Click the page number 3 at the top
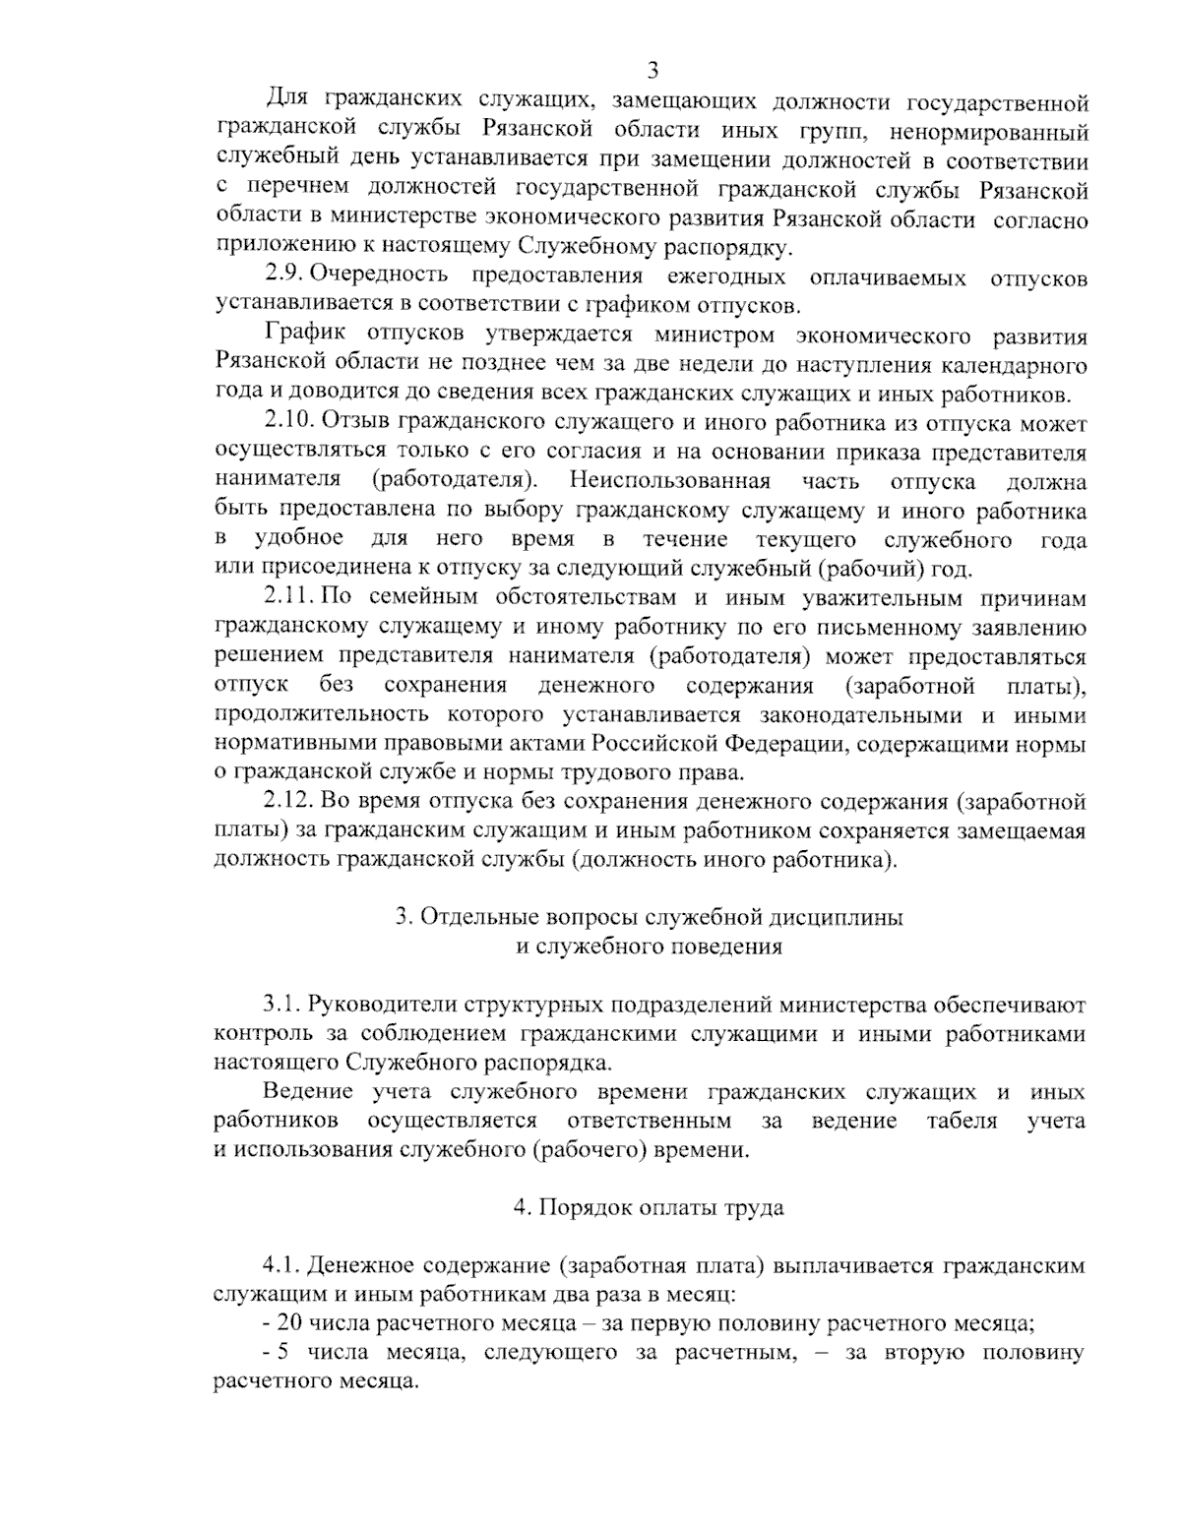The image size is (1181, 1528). [x=652, y=70]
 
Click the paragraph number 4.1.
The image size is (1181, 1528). [x=281, y=1265]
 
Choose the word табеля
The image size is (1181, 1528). [x=961, y=1121]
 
